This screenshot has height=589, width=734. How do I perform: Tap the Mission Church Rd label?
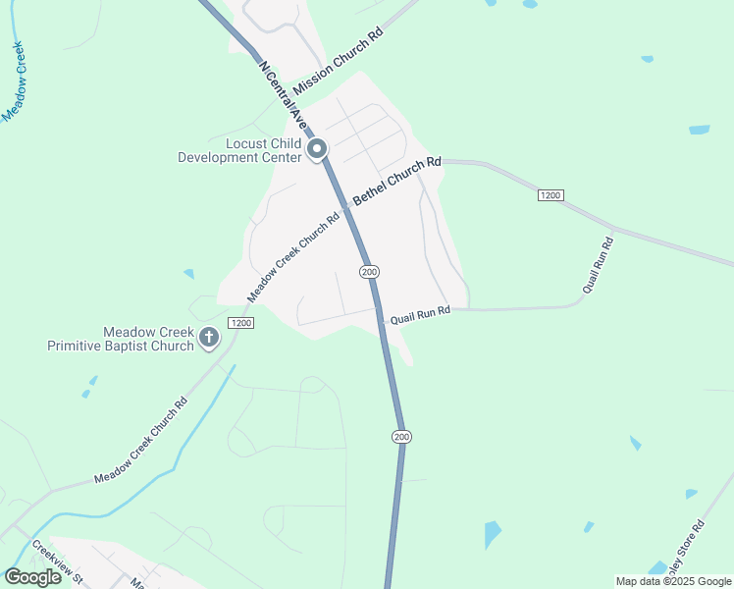(337, 61)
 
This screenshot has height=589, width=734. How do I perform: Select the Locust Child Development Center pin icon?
(317, 150)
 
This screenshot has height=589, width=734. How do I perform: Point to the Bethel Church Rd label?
(397, 181)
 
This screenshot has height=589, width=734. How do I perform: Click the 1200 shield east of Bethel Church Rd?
(550, 196)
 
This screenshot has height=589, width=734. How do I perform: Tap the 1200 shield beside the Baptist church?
(240, 323)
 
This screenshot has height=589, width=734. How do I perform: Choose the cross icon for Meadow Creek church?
(209, 338)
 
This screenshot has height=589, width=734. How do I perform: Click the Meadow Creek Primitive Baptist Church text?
(123, 339)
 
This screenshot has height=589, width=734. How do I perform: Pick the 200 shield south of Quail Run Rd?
(400, 436)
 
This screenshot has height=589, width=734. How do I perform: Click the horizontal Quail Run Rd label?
(420, 315)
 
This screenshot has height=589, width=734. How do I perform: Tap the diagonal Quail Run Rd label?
(598, 265)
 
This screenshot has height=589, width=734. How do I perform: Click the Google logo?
(32, 577)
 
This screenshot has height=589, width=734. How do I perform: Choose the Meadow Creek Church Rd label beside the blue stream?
(140, 440)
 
